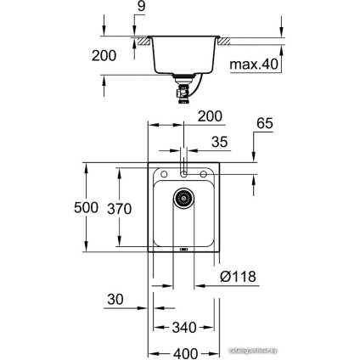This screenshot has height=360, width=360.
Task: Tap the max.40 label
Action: tap(255, 64)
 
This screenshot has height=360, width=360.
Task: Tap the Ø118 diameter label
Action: tap(237, 277)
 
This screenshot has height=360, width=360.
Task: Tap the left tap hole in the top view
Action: tap(161, 174)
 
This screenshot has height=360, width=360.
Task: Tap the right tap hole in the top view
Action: tap(205, 174)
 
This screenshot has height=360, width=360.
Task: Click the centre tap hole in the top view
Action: tap(183, 170)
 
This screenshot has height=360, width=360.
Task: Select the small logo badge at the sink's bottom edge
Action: tap(183, 250)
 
